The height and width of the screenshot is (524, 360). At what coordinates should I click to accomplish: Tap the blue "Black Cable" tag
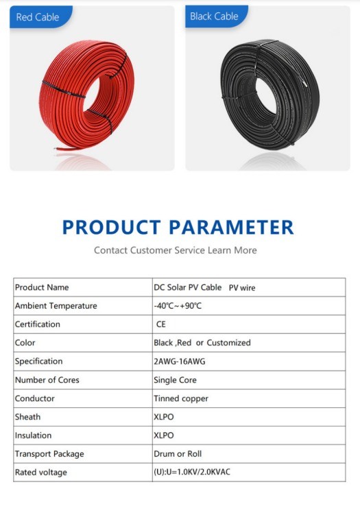pos(216,16)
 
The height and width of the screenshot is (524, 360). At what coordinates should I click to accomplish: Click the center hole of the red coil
pos(97,95)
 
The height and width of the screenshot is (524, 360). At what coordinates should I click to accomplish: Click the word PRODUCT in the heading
pos(112,227)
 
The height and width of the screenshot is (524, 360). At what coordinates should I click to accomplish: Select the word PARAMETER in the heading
pos(231,227)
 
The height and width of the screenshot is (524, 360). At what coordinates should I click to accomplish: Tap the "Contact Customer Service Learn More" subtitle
pos(175,250)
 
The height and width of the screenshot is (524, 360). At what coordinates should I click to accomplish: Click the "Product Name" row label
pos(42,287)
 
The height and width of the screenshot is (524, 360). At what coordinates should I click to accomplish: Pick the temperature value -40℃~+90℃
pos(178,306)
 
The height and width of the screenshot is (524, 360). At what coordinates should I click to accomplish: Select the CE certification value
pos(160,324)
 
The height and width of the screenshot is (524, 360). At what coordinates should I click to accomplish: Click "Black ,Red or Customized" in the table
pos(202,343)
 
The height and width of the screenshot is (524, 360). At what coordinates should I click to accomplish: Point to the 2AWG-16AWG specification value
pos(180,361)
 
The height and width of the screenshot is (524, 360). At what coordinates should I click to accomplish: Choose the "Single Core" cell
pos(175,380)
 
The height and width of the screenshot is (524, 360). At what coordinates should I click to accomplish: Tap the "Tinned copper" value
pos(181,398)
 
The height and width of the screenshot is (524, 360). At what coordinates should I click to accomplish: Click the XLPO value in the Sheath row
pos(164,417)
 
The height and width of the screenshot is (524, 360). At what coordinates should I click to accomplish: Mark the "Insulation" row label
pos(33,436)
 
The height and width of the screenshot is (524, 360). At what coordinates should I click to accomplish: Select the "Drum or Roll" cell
pos(178,454)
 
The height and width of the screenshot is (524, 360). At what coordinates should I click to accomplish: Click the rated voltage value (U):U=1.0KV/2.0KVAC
pos(192,472)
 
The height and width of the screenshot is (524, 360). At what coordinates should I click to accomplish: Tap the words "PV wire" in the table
pos(242,288)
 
